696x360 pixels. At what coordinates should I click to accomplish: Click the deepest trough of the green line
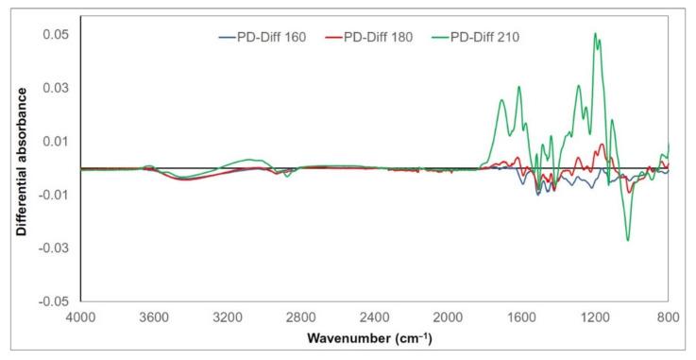click(x=628, y=240)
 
